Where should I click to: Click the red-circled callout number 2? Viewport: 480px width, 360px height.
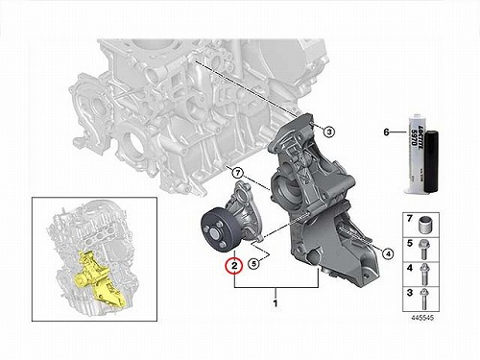click(234, 266)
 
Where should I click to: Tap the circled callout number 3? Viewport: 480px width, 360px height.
click(329, 132)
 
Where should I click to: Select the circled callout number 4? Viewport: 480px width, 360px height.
click(388, 254)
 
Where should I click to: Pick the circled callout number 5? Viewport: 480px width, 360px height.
click(253, 264)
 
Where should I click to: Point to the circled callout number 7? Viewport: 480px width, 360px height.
click(237, 173)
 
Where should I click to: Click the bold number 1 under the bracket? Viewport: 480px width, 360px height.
click(276, 302)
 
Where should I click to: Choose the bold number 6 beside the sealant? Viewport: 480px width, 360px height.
click(387, 132)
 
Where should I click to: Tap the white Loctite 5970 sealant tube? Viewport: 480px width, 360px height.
click(415, 154)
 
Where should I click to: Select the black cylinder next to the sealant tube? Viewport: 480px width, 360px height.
click(431, 162)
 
